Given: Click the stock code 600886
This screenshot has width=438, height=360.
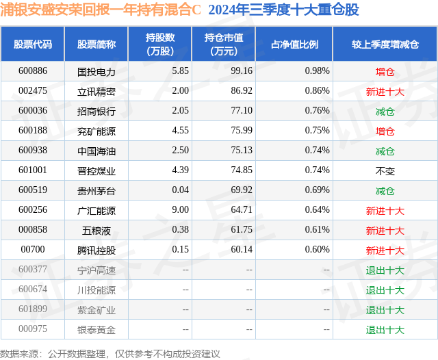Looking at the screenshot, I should [x=32, y=71].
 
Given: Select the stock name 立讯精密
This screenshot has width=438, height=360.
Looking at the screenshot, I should [x=96, y=91].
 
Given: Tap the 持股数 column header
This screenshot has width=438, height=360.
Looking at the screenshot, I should [x=160, y=44].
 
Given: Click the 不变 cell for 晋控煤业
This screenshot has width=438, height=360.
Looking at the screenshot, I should [x=385, y=171].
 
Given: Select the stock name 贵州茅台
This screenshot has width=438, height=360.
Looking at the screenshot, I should [x=96, y=191].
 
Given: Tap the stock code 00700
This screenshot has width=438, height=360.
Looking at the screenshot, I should [x=32, y=250].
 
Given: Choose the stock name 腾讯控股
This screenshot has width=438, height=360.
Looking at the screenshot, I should [x=96, y=250].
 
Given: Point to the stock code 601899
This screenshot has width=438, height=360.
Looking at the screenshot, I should [x=32, y=310].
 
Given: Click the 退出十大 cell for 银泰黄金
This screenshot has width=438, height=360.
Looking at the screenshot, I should [x=385, y=330].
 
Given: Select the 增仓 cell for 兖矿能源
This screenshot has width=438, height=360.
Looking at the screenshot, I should [x=385, y=131].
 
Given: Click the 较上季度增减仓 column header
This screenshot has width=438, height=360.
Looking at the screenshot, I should [x=385, y=44].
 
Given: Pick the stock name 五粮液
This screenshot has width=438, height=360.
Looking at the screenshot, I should [x=96, y=231].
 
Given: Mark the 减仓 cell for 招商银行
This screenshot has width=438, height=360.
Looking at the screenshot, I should [x=385, y=111].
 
